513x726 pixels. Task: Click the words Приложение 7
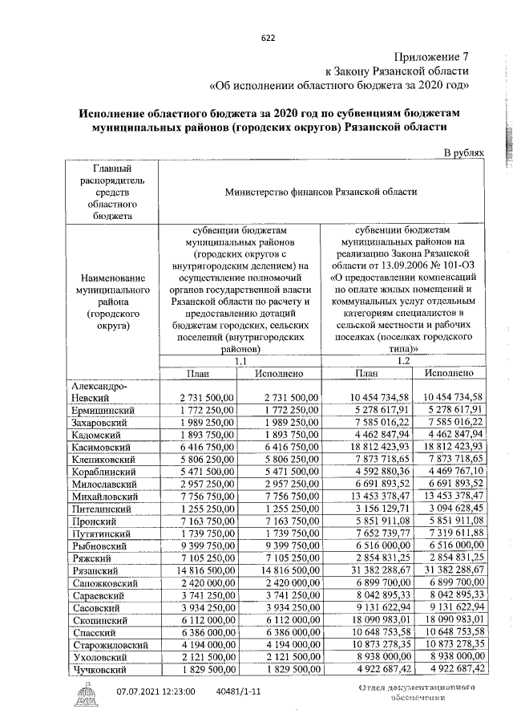pyautogui.click(x=433, y=56)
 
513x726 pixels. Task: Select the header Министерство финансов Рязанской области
pyautogui.click(x=321, y=192)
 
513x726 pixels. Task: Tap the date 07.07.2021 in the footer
pyautogui.click(x=145, y=691)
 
